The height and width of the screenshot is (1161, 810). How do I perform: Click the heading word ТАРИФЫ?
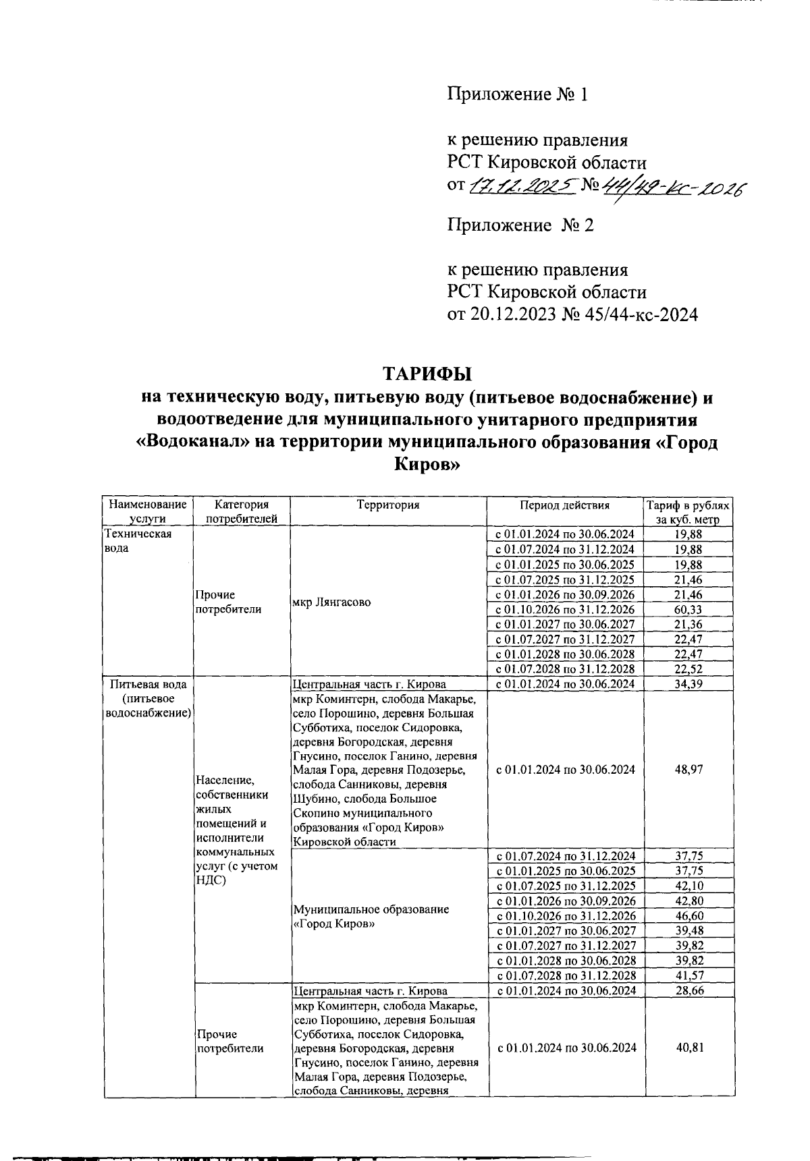427,374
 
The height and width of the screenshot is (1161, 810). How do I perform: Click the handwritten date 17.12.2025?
521,185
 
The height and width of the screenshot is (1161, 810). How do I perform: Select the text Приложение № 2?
520,225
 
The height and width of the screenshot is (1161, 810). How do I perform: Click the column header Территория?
388,505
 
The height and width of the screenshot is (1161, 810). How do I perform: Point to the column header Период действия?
564,505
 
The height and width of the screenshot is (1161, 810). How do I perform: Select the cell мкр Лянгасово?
331,602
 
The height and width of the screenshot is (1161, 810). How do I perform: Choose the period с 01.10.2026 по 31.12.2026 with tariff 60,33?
565,609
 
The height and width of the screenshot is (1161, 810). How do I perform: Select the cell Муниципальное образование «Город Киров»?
371,916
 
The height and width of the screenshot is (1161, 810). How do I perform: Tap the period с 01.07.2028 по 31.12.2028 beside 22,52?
565,669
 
